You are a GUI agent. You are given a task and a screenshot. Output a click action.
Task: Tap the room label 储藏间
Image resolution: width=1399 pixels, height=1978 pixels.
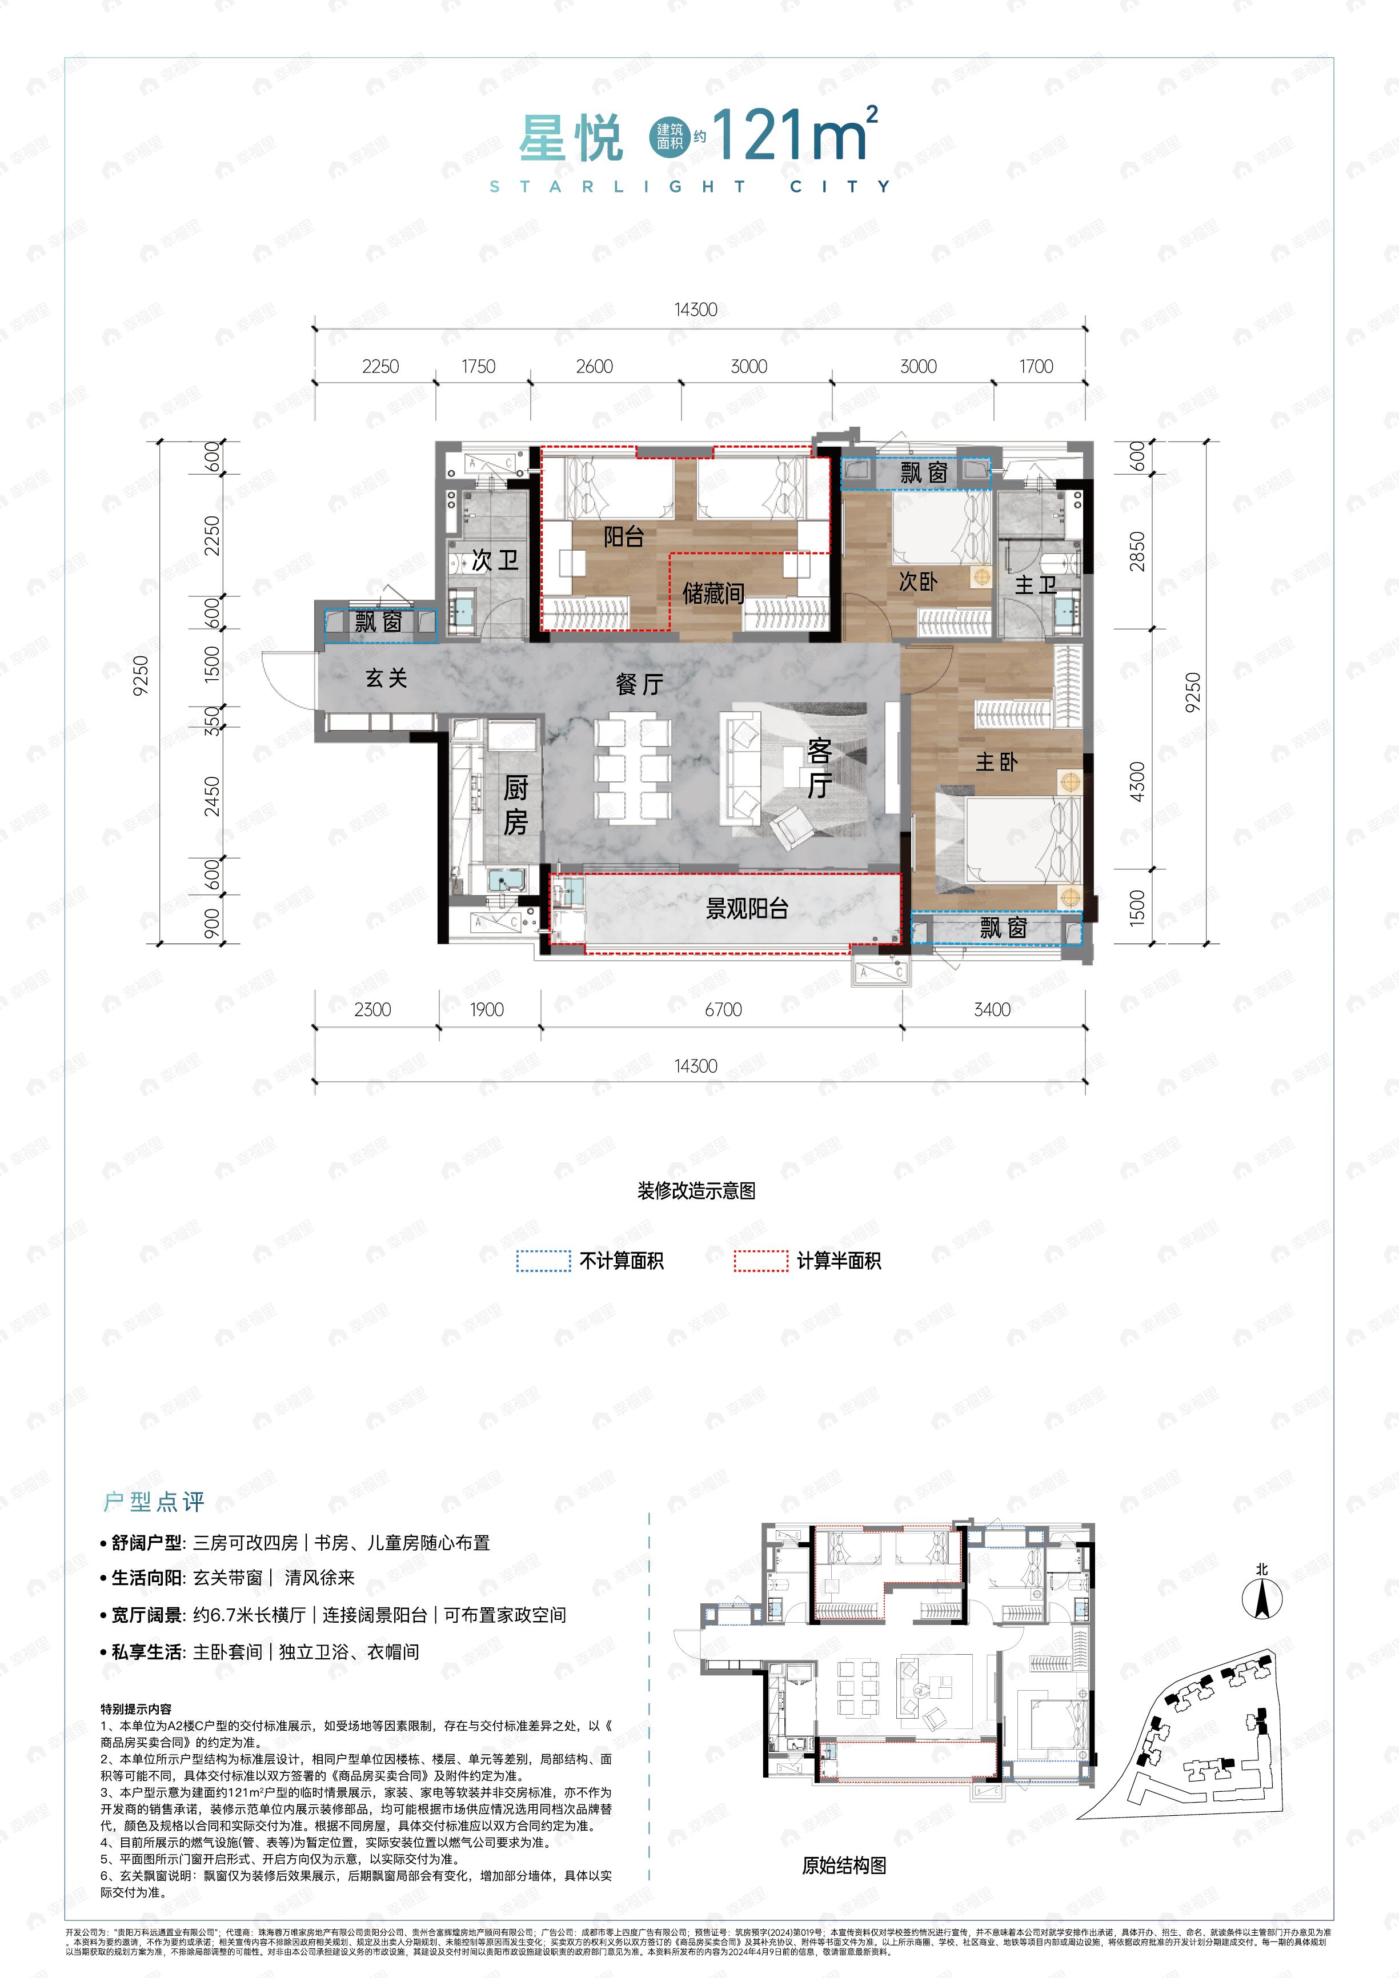[x=712, y=593]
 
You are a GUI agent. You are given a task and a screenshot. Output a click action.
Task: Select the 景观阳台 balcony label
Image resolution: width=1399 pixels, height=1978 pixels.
[x=747, y=909]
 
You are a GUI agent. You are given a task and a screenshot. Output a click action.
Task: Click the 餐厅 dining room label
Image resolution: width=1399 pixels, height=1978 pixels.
[x=639, y=685]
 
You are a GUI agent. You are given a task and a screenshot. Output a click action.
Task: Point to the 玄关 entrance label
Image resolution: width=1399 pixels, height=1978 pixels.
[x=386, y=678]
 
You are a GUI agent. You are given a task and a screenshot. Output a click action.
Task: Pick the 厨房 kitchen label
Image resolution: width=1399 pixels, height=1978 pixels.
[x=515, y=805]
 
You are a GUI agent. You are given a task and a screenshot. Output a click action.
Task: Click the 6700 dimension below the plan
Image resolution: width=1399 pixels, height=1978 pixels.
[x=723, y=1010]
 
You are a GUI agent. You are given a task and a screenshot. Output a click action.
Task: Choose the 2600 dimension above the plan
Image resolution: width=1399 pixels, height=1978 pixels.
[x=595, y=366]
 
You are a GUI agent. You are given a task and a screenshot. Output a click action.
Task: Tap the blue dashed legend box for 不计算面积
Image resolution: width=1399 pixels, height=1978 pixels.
[x=544, y=1261]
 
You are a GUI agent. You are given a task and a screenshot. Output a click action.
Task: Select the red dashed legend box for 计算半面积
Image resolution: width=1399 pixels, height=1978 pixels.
[x=761, y=1261]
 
